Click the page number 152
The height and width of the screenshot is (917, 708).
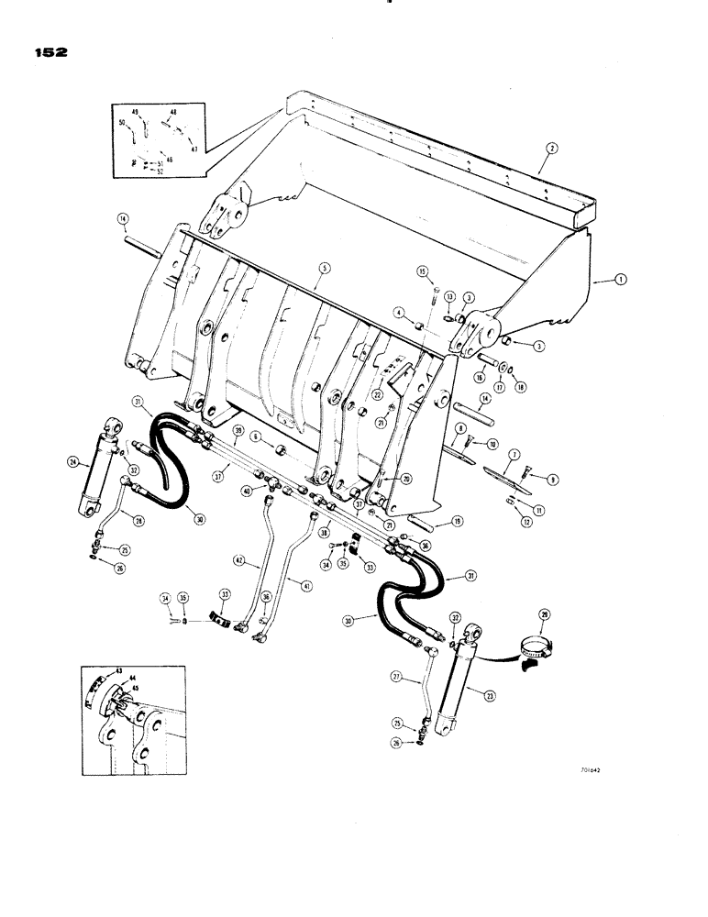coord(46,52)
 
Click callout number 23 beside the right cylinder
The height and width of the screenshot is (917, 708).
coord(490,695)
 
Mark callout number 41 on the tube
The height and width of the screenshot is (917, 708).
coord(293,581)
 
